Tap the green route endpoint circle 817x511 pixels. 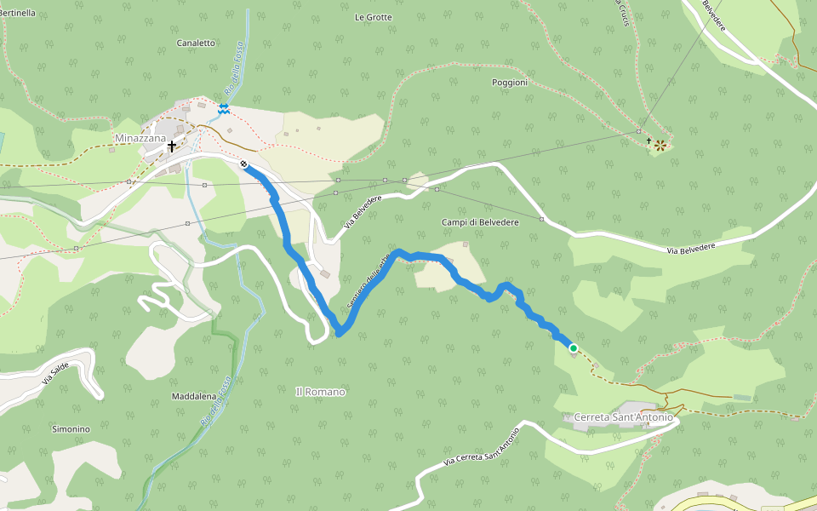coord(574,347)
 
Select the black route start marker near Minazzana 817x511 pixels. coord(243,164)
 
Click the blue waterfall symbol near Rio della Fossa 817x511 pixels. coord(223,108)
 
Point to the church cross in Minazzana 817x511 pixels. coord(172,146)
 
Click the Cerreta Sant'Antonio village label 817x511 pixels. coord(624,417)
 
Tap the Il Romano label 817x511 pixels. coord(320,392)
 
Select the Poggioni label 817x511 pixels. coord(510,83)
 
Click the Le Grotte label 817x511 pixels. coord(373,17)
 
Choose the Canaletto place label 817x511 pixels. coord(196,43)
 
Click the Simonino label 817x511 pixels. coord(71,429)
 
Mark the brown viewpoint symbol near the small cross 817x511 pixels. coord(660,146)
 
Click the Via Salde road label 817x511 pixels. coord(55,372)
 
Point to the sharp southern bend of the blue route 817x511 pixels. coord(339,331)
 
